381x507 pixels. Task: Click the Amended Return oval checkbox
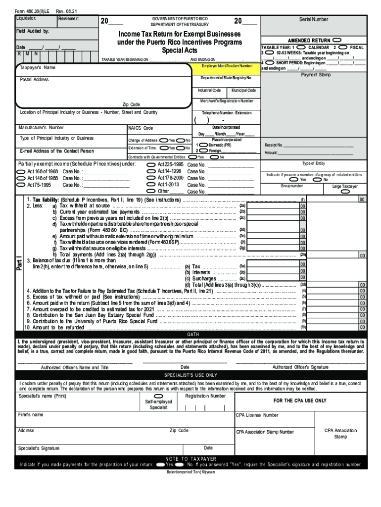coord(337,40)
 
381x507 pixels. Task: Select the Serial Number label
coord(313,19)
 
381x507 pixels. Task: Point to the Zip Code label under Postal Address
coord(131,104)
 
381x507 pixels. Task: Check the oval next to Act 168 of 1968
coord(21,171)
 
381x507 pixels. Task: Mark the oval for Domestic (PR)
coord(203,145)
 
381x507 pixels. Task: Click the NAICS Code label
coord(141,128)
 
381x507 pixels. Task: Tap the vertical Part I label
coord(19,262)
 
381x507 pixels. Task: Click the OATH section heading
coord(192,334)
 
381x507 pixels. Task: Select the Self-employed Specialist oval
coord(159,397)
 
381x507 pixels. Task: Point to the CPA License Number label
coord(257,415)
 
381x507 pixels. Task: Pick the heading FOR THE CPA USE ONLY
coord(300,401)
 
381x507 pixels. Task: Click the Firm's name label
coord(31,414)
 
